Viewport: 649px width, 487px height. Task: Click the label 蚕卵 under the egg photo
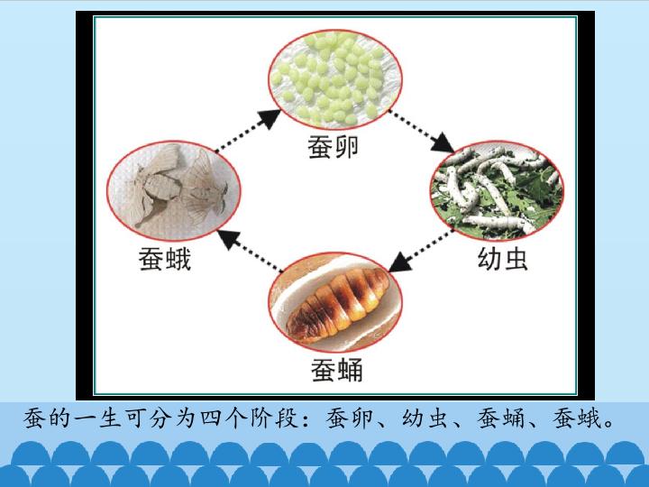pyautogui.click(x=334, y=147)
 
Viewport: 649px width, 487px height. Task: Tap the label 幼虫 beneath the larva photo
pyautogui.click(x=502, y=259)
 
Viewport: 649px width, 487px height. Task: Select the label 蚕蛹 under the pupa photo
pyautogui.click(x=337, y=370)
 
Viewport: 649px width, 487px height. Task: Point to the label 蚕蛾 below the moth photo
pyautogui.click(x=165, y=259)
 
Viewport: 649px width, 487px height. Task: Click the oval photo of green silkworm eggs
pyautogui.click(x=335, y=79)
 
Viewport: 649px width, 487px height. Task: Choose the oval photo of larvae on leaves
pyautogui.click(x=497, y=191)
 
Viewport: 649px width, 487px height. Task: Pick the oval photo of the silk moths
pyautogui.click(x=173, y=191)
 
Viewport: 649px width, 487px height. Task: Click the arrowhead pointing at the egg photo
pyautogui.click(x=270, y=118)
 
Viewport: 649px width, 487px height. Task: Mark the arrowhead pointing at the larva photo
pyautogui.click(x=443, y=143)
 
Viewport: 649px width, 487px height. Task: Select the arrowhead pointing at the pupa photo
pyautogui.click(x=399, y=262)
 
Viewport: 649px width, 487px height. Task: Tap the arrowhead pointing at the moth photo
pyautogui.click(x=228, y=239)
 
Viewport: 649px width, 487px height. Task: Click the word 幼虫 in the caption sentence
pyautogui.click(x=426, y=418)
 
